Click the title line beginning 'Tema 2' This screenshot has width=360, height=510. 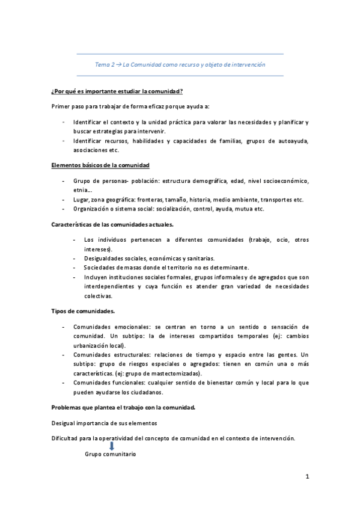[x=180, y=64]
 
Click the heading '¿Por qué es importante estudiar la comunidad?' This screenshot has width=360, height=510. [x=117, y=91]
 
